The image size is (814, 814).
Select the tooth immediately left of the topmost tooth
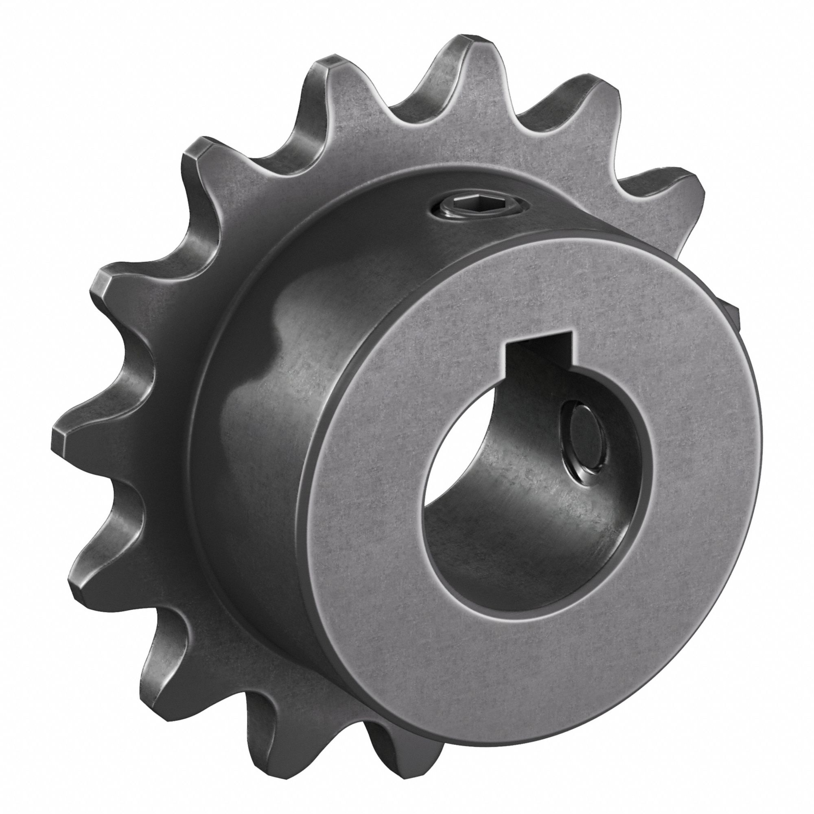333,70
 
